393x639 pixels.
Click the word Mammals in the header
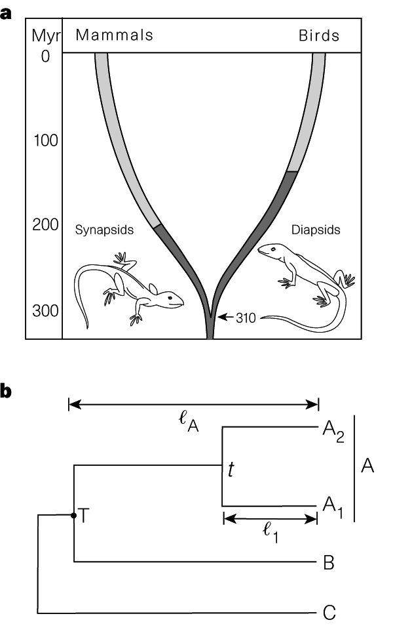(114, 35)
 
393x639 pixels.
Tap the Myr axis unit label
(45, 35)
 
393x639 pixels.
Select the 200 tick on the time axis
(46, 225)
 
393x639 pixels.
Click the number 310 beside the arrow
(248, 318)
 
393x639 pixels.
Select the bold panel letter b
(8, 392)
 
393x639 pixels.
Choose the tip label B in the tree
(329, 562)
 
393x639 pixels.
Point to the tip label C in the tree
(329, 613)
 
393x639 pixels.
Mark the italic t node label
(231, 469)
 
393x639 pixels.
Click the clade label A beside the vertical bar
(367, 466)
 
